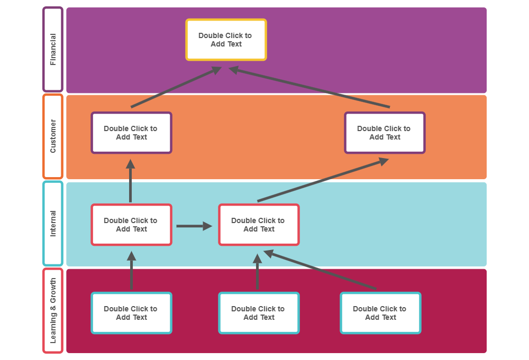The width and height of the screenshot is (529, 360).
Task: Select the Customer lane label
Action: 52,136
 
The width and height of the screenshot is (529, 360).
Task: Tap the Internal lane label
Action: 52,224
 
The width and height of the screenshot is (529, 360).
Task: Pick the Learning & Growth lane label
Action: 52,311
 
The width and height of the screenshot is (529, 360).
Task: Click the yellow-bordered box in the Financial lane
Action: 226,40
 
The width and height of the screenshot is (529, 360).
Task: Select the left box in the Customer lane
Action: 131,133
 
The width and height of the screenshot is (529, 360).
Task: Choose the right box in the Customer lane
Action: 385,133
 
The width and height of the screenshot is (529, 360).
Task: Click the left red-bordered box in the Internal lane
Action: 131,225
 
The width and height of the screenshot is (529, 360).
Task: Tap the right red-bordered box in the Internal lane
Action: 259,225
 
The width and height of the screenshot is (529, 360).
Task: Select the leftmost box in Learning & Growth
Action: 131,313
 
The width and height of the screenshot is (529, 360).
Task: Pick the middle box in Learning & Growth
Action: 259,313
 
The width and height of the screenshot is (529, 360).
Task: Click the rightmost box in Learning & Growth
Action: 380,313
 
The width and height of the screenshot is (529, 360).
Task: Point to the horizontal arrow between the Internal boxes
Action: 194,226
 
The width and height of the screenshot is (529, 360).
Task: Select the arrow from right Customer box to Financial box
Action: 309,87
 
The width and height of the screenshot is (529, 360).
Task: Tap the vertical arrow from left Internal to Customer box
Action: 131,181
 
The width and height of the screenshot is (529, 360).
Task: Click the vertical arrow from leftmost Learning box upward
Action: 131,271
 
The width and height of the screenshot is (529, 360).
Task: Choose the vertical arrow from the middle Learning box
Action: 258,272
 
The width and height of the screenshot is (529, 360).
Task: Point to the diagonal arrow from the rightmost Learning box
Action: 320,270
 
